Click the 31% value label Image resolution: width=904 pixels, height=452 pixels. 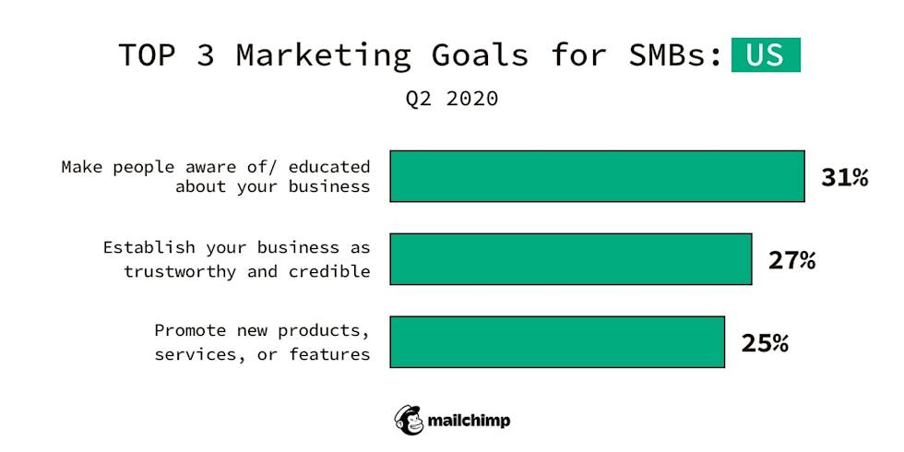tap(844, 177)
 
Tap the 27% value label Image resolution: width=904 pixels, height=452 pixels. tap(791, 260)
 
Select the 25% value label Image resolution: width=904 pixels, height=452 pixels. tap(765, 343)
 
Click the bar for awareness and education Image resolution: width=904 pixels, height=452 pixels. tap(597, 176)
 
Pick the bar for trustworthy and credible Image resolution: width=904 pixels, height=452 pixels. tap(570, 259)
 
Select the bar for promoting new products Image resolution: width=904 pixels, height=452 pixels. tap(557, 342)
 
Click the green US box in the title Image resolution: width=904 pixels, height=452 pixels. tap(765, 54)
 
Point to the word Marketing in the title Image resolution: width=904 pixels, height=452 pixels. tap(323, 55)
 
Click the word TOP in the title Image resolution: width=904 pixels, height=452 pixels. tap(147, 55)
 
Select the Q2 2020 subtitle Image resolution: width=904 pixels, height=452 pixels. tap(452, 98)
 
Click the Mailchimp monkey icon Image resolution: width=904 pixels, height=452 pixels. tap(409, 420)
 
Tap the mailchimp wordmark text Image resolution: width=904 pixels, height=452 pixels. tap(469, 421)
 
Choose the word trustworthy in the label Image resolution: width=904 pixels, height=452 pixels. tap(181, 271)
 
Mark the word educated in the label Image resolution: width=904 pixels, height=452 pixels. tap(328, 167)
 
